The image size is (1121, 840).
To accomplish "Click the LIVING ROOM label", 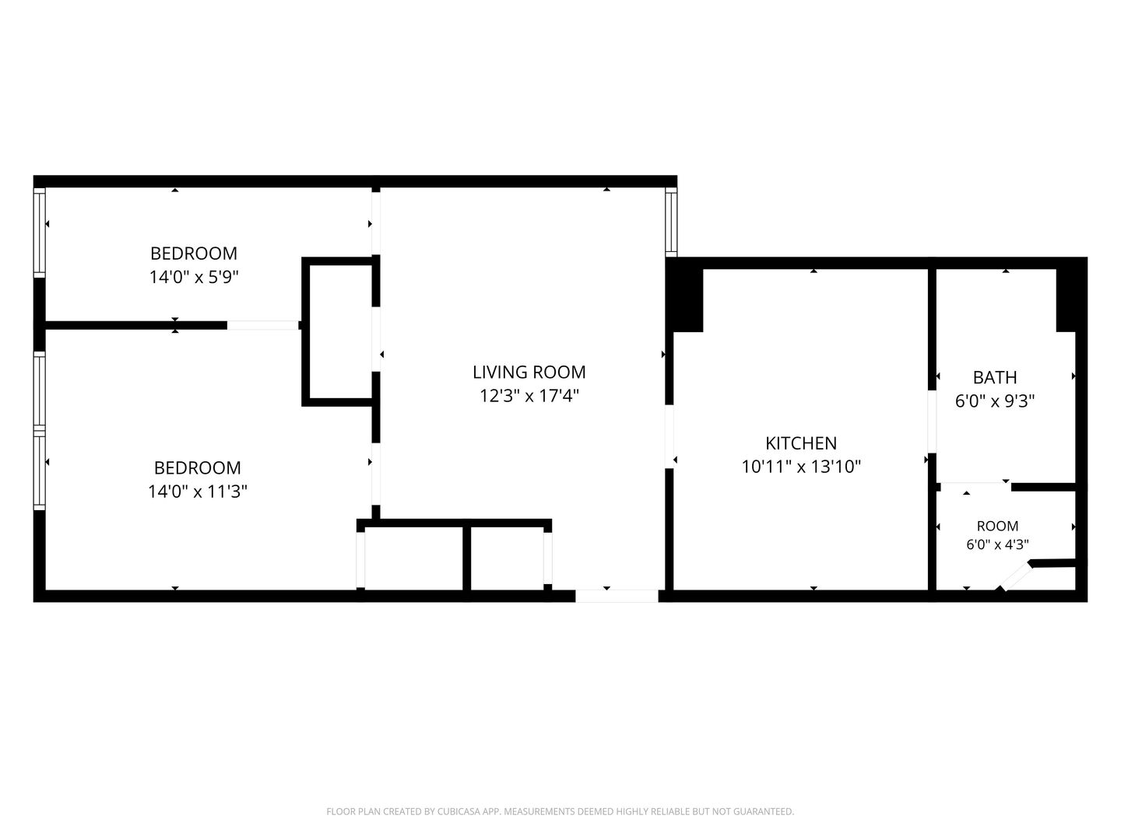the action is tap(529, 373).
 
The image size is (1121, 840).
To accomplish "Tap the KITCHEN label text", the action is tap(801, 443).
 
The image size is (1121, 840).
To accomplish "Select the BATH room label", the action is tap(994, 377).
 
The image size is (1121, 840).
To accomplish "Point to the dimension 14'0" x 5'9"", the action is tap(194, 277).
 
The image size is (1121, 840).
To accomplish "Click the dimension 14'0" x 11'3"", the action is tap(198, 491).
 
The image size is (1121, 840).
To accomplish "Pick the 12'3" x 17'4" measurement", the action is tap(529, 396).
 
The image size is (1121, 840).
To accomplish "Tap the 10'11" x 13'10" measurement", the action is tap(801, 467).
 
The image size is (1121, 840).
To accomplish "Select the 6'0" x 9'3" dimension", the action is tap(994, 401).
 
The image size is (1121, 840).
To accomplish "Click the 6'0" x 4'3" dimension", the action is tap(997, 544).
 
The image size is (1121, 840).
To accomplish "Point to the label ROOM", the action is tap(997, 526).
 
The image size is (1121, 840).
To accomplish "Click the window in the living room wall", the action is tap(671, 222).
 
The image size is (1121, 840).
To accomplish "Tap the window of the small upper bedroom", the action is tap(40, 233).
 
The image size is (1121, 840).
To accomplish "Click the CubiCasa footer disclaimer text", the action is tap(560, 811).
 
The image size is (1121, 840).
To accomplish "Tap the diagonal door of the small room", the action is tap(1015, 577).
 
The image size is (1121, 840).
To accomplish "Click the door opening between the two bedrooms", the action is tap(263, 325).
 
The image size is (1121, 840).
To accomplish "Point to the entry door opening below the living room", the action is tap(617, 596).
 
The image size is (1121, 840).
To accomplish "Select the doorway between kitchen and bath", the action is tap(932, 422).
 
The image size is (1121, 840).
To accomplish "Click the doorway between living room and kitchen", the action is tap(669, 436).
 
